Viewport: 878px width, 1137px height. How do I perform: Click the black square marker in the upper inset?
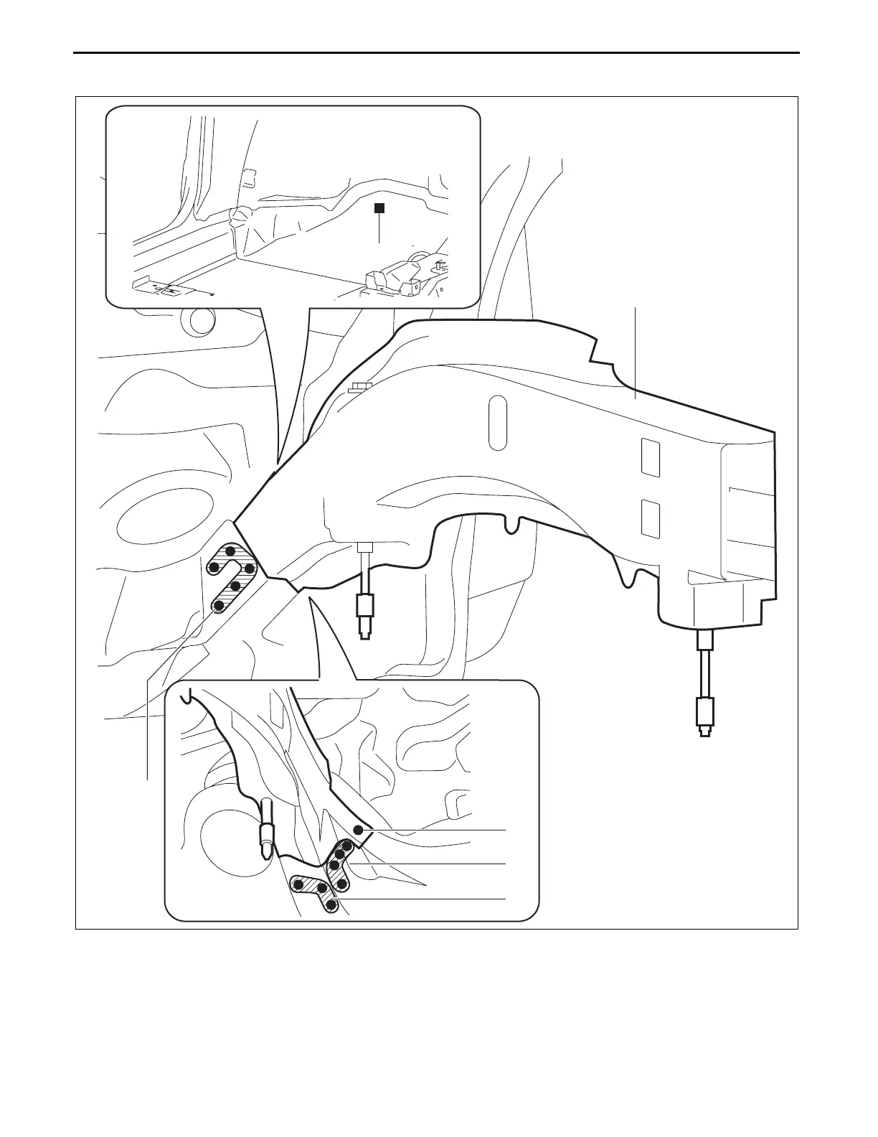click(380, 208)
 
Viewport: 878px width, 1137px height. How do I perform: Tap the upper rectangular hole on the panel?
click(649, 457)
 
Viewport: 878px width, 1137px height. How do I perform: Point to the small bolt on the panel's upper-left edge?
click(359, 388)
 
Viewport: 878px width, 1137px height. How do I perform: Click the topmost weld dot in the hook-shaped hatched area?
click(230, 551)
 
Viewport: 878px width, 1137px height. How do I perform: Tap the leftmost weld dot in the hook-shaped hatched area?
click(214, 568)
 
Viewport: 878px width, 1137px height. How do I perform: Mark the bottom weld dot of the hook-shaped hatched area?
click(219, 607)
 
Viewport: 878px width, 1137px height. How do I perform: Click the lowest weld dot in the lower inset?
click(331, 905)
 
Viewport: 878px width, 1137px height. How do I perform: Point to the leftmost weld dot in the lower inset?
click(299, 884)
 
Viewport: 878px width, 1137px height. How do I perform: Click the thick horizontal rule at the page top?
click(437, 52)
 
